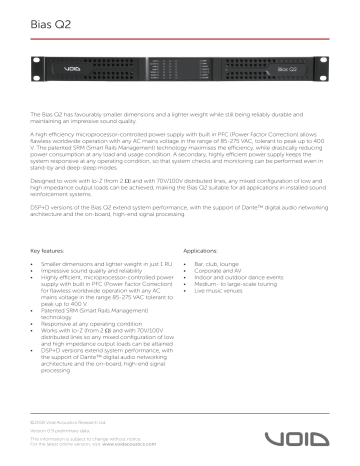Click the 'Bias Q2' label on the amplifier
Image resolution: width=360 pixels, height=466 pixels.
(x=260, y=72)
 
